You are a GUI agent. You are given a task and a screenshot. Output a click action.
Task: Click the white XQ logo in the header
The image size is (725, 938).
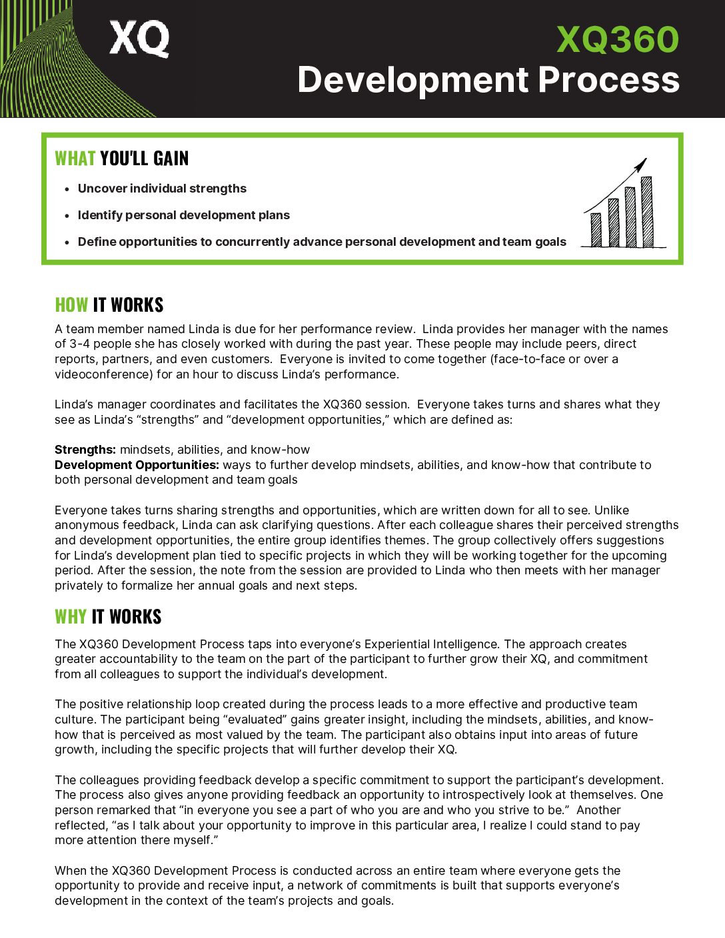point(139,39)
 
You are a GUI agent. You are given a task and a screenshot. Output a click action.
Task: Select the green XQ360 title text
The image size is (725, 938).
point(617,40)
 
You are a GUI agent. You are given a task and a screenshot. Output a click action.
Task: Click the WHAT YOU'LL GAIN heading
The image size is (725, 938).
point(122,159)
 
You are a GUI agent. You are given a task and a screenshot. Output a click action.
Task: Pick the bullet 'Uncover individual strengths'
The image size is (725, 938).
point(162,189)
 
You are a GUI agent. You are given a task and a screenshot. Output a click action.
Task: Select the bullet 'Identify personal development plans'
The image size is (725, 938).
point(183,215)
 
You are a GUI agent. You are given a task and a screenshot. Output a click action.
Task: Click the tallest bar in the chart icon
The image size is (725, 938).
point(646,212)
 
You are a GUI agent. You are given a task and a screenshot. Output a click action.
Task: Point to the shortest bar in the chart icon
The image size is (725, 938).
point(596,230)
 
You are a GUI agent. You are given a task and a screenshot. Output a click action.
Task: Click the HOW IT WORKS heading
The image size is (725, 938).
point(109,305)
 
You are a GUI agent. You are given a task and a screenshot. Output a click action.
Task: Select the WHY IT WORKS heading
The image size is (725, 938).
point(108,617)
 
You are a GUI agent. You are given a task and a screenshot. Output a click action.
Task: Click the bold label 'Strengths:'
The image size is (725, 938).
point(85,450)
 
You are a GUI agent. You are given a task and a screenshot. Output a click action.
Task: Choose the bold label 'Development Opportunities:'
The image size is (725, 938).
point(137,465)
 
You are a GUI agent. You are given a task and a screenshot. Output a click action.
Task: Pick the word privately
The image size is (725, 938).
point(79,586)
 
